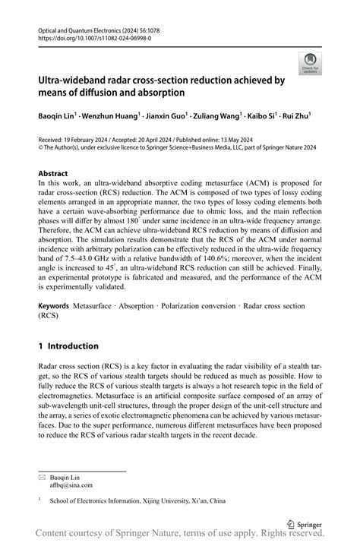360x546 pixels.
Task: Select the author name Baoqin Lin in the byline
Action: [x=57, y=116]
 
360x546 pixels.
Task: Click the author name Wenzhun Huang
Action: [x=113, y=116]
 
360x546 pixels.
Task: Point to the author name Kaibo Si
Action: [x=257, y=116]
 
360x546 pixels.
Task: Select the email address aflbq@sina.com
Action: [x=71, y=484]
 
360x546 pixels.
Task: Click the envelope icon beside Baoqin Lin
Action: [x=42, y=476]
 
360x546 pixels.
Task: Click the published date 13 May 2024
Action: [x=235, y=141]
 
